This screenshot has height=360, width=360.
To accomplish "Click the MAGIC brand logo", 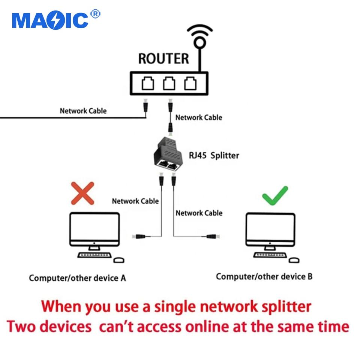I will pos(50,20).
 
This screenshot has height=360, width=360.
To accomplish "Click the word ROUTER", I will pos(163,59).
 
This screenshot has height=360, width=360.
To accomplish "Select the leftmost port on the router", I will pos(148,84).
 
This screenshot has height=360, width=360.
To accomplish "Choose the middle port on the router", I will pos(169,84).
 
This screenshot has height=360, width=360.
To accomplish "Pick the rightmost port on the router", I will pos(190,84).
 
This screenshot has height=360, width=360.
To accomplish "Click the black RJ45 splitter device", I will pos(168,154).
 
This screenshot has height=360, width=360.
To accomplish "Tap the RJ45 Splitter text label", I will pos(214,155).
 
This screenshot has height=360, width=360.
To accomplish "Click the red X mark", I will pos(82,193).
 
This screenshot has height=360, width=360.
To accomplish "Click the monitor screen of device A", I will pos(94,229).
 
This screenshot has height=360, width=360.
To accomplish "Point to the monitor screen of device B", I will pos(270,229).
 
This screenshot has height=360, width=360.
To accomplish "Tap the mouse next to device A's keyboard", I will pos(119,260).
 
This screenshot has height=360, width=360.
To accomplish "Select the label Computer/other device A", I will pos(78,278).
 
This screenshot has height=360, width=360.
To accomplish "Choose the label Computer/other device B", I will pos(264,277).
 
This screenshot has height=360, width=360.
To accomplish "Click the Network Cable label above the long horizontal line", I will pos(83,111).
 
